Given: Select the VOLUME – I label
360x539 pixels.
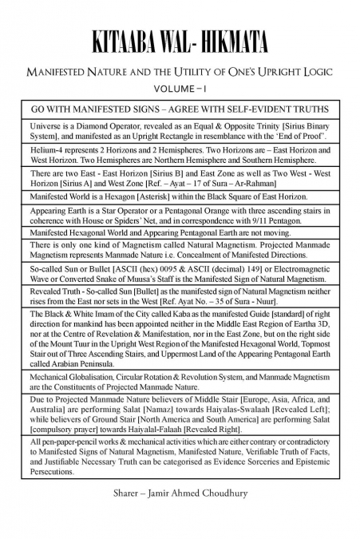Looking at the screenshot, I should [x=180, y=88].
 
